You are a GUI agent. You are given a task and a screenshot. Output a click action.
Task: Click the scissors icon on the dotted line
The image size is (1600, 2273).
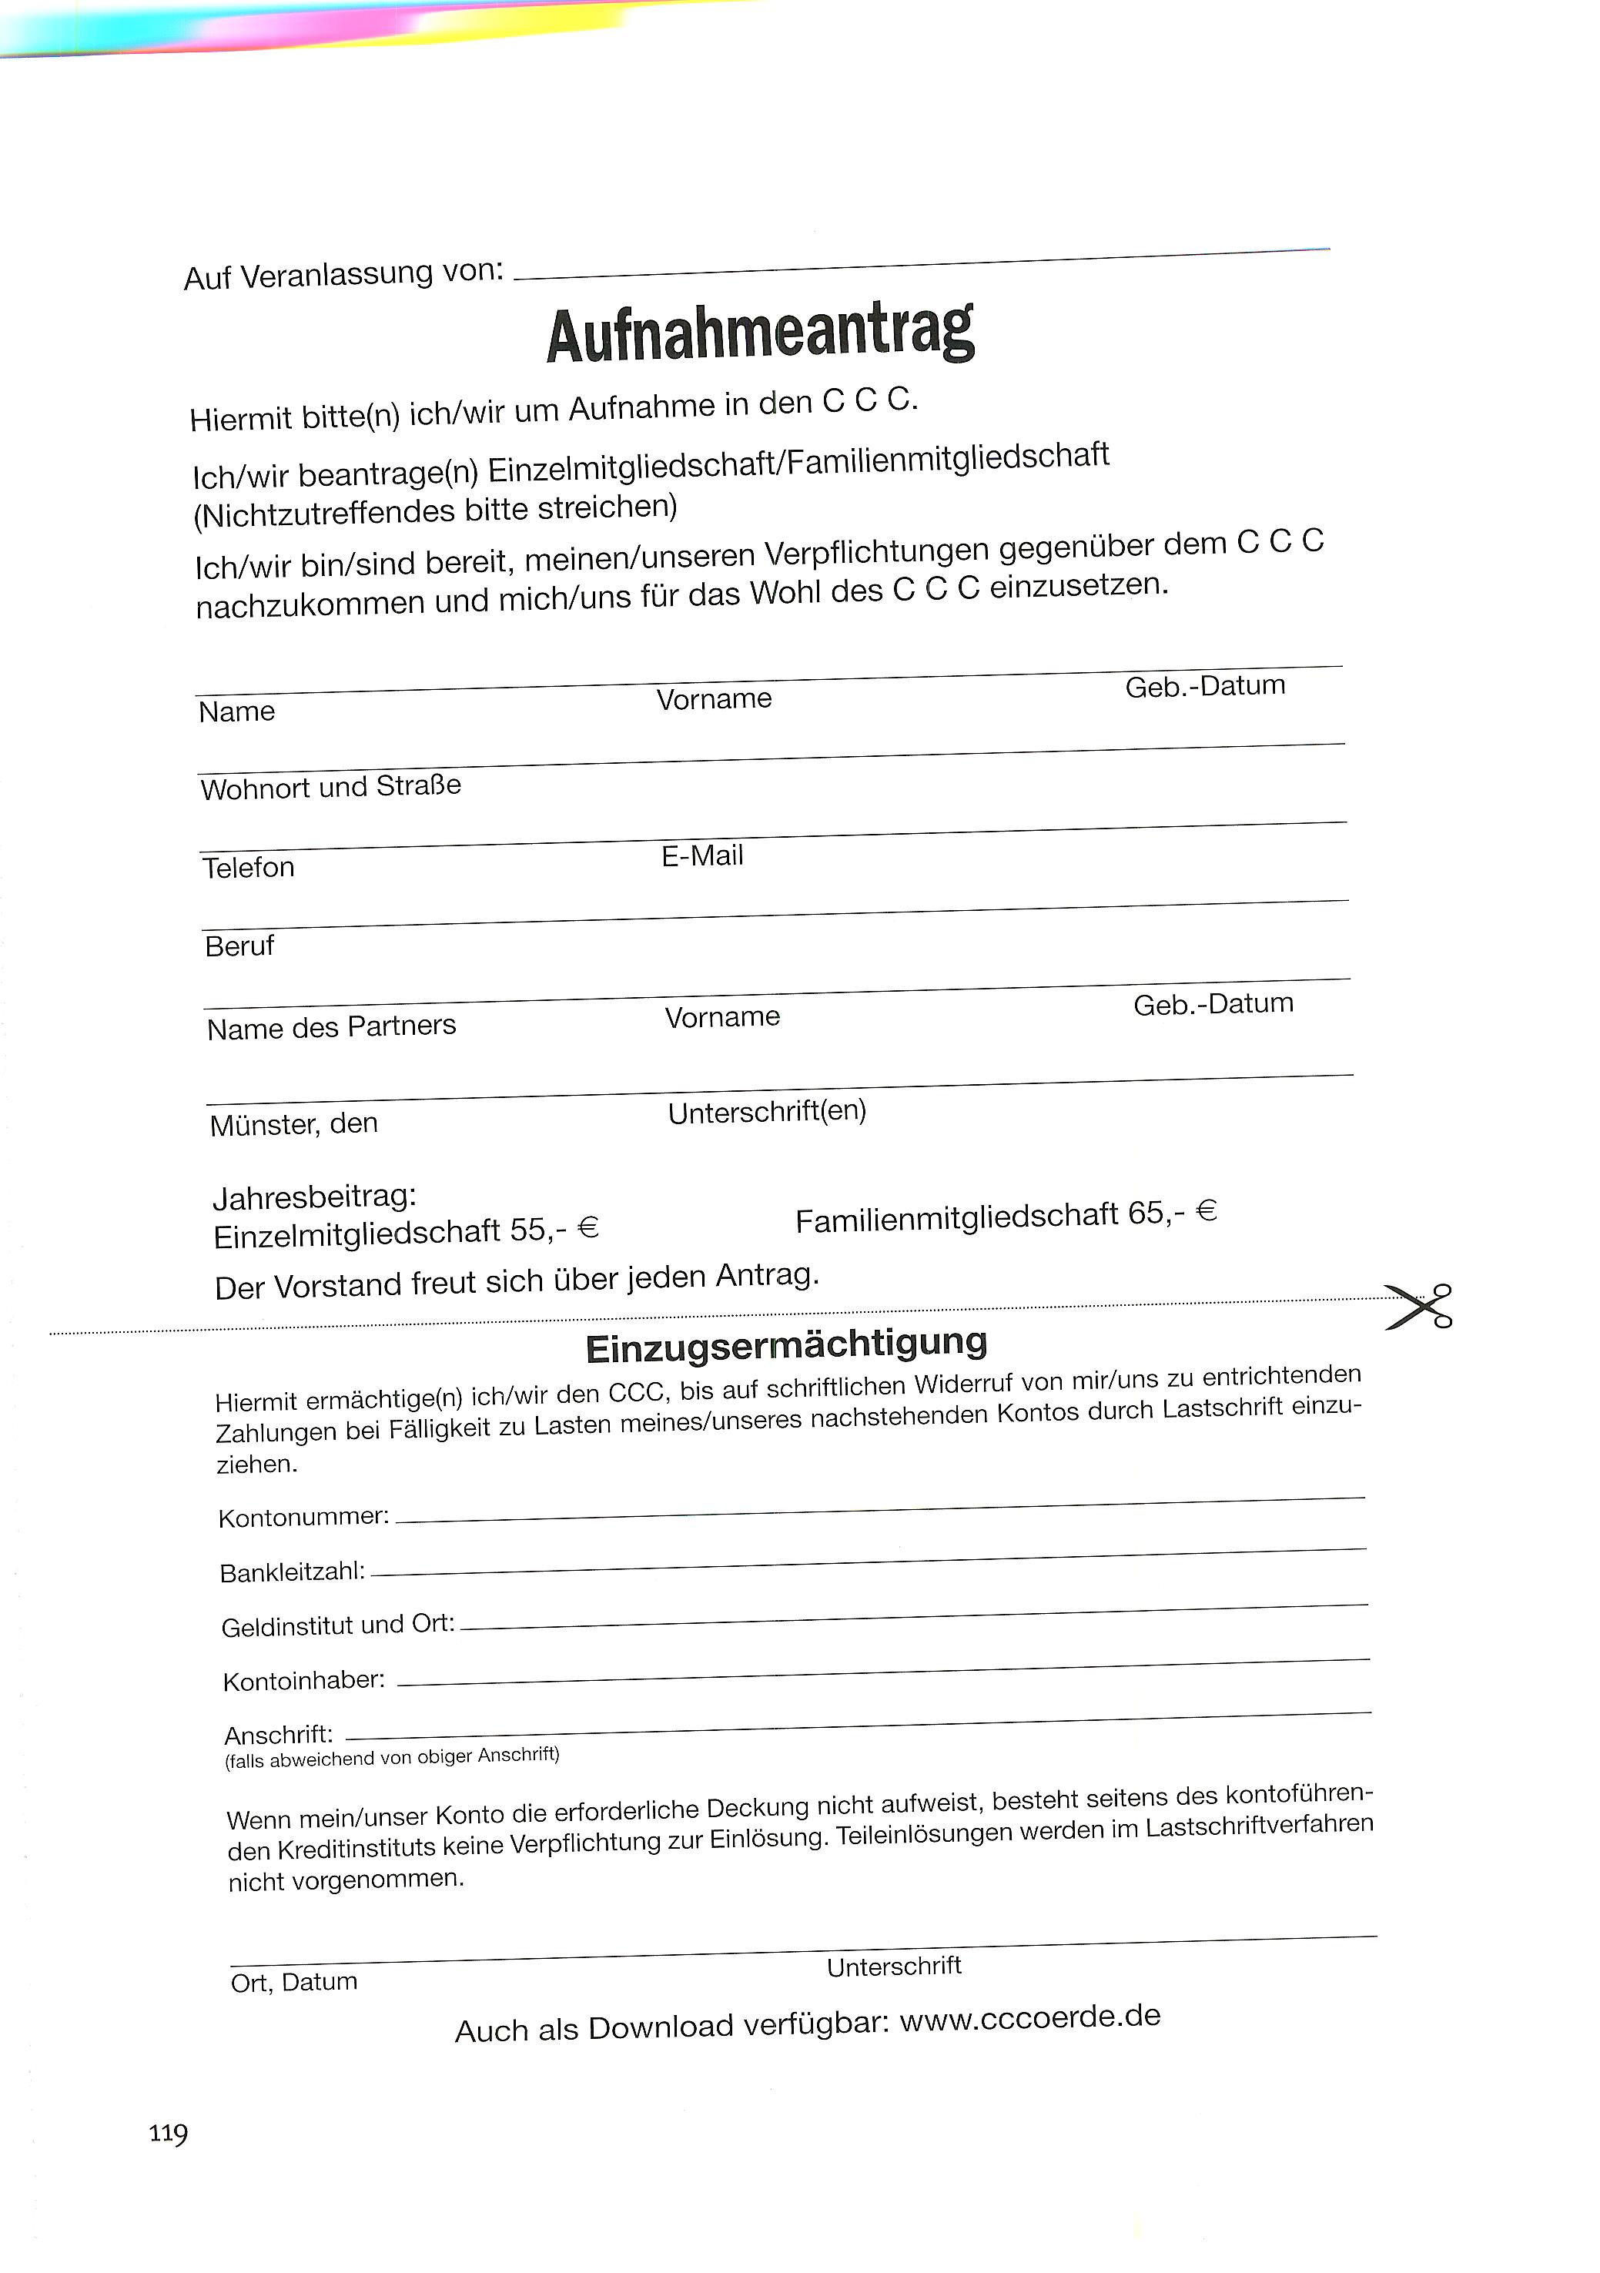pyautogui.click(x=1419, y=1306)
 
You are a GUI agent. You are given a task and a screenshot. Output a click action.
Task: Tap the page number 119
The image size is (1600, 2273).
pyautogui.click(x=169, y=2132)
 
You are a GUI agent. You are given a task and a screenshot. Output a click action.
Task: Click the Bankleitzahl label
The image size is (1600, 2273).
pyautogui.click(x=293, y=1572)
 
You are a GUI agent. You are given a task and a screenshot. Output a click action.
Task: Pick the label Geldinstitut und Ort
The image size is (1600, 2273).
pyautogui.click(x=337, y=1625)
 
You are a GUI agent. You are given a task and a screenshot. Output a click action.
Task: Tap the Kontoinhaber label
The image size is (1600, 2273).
pyautogui.click(x=304, y=1681)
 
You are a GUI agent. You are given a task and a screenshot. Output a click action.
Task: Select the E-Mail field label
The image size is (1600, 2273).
pyautogui.click(x=702, y=855)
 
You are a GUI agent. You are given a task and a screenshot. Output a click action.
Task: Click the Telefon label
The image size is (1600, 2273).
pyautogui.click(x=249, y=867)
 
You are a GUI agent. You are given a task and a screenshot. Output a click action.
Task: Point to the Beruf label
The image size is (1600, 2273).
pyautogui.click(x=239, y=946)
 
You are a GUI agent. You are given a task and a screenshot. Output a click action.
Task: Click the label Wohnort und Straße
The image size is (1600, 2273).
pyautogui.click(x=330, y=788)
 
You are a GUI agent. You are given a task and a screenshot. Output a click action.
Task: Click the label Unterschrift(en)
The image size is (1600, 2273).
pyautogui.click(x=768, y=1112)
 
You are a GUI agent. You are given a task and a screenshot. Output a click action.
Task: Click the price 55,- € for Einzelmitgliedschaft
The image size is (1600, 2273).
pyautogui.click(x=554, y=1230)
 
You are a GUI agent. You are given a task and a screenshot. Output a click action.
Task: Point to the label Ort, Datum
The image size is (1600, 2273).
pyautogui.click(x=294, y=1982)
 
